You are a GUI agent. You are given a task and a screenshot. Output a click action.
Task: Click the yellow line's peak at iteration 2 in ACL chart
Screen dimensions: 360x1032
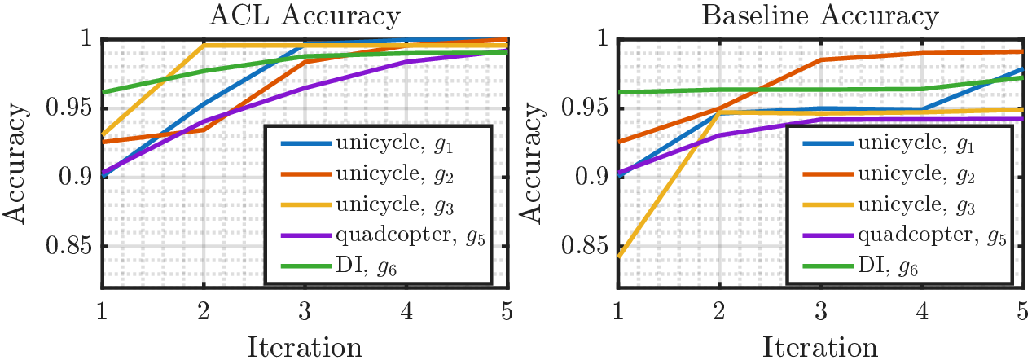203,46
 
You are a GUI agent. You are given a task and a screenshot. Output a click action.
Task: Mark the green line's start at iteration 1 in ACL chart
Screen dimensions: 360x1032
102,92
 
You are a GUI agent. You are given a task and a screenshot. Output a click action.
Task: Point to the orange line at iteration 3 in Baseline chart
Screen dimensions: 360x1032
820,59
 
